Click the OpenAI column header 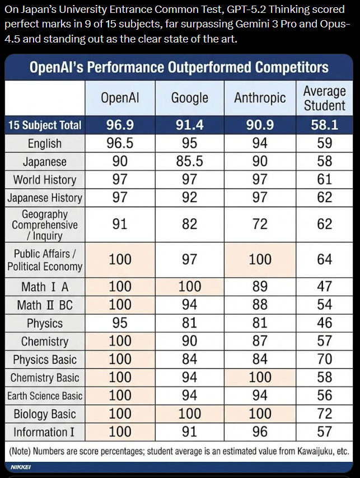[120, 98]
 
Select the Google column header [190, 98]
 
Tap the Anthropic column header [260, 98]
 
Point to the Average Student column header [324, 98]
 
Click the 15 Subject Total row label [45, 125]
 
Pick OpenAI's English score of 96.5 [120, 143]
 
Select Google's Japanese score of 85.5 [190, 162]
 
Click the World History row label [45, 180]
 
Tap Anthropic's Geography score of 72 [260, 224]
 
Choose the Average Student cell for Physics [324, 323]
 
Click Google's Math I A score [190, 287]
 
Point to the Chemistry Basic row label [45, 378]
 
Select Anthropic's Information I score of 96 [260, 432]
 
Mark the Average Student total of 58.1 [324, 125]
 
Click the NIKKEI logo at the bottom [21, 466]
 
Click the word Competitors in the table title [292, 68]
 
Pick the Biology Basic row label [45, 414]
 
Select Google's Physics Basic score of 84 [190, 359]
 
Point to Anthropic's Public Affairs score [260, 259]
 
